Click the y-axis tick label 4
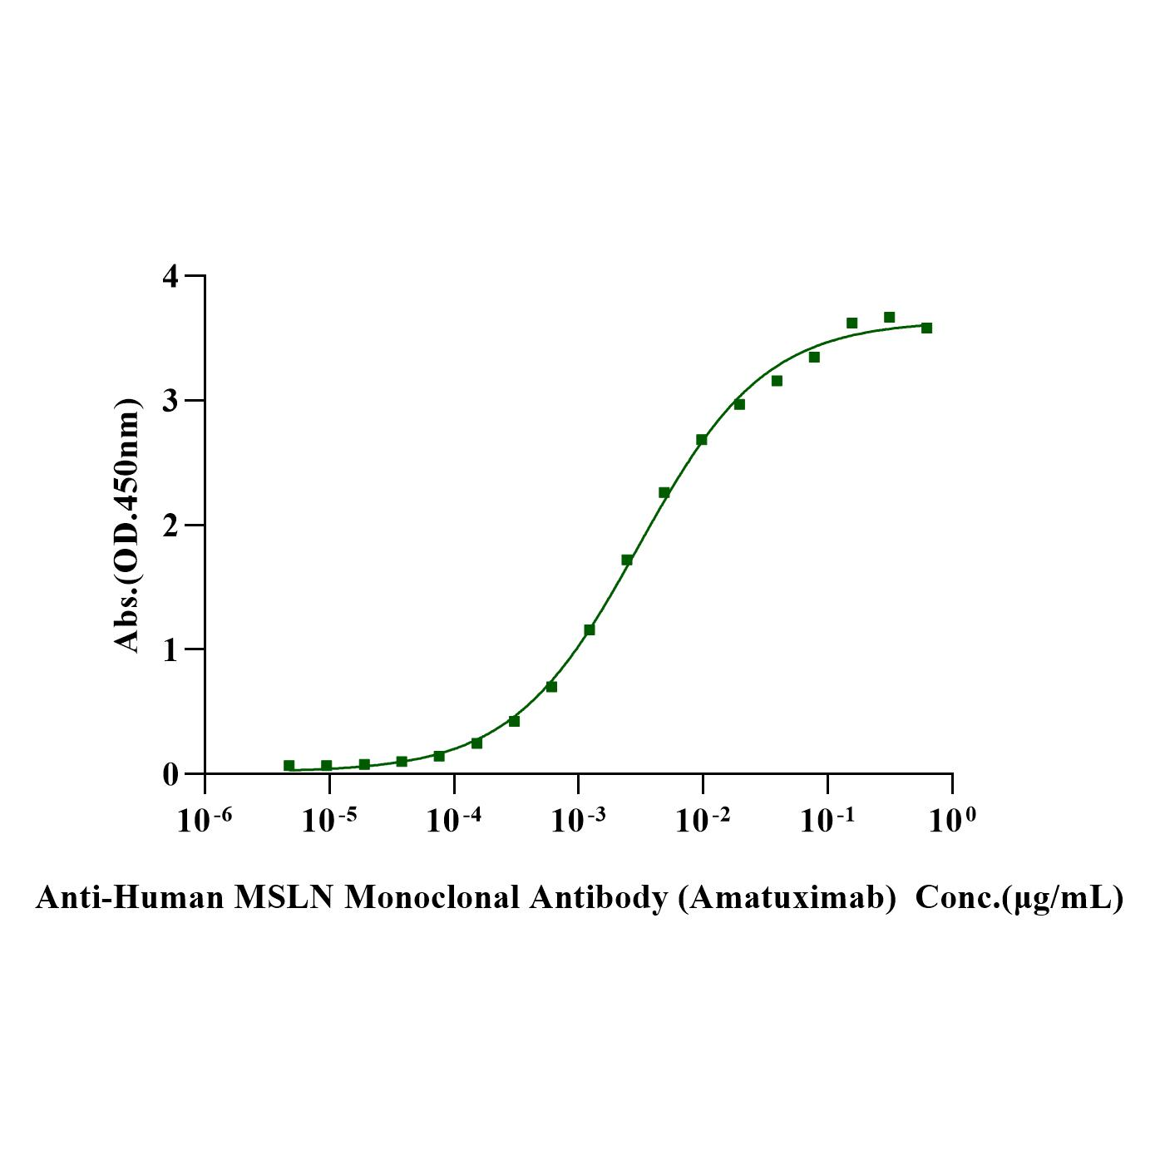[x=170, y=276]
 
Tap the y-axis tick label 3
[x=170, y=401]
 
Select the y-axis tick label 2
[x=170, y=526]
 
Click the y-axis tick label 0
[x=170, y=774]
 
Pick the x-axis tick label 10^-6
[x=204, y=821]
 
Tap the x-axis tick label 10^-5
[x=328, y=821]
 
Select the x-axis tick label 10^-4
[x=453, y=821]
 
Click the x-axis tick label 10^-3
[x=578, y=821]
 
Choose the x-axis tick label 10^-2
[x=703, y=821]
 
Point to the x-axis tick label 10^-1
[x=827, y=821]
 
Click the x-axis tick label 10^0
[x=952, y=821]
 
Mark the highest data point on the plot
[x=889, y=317]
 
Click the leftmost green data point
[x=289, y=765]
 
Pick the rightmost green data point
[x=926, y=328]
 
